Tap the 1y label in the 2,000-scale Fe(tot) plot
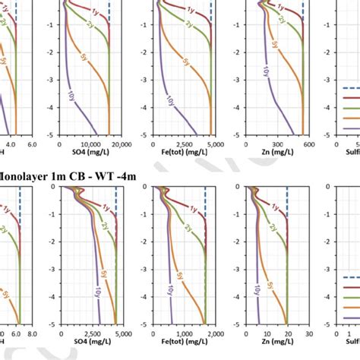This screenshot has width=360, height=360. pyautogui.click(x=193, y=210)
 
